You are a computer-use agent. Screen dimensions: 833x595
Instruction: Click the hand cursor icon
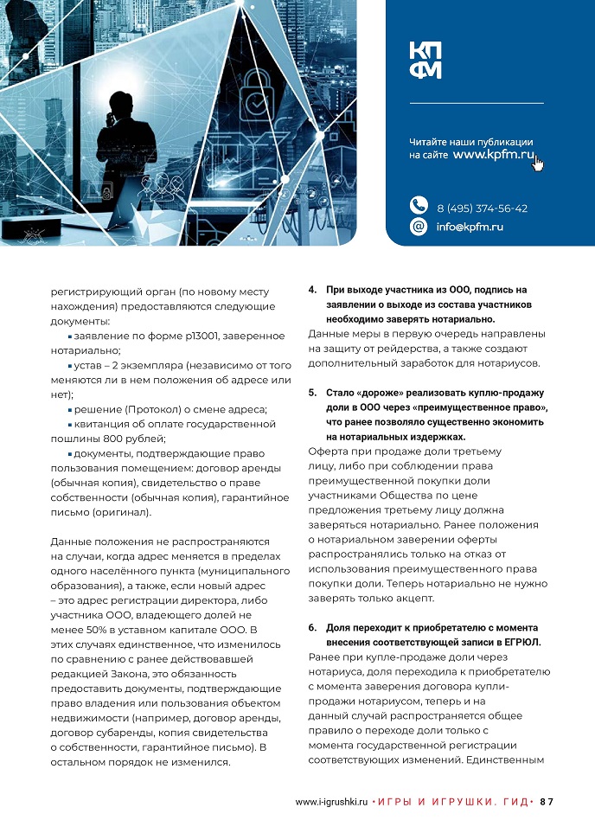pyautogui.click(x=538, y=162)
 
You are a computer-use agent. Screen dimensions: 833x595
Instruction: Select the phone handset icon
pyautogui.click(x=419, y=206)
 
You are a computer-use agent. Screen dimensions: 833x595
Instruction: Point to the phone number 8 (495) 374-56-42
pyautogui.click(x=482, y=208)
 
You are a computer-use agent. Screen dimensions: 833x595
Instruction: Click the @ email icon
pyautogui.click(x=419, y=227)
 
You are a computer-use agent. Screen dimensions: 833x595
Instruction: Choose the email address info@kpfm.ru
pyautogui.click(x=470, y=227)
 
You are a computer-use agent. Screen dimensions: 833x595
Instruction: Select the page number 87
pyautogui.click(x=546, y=802)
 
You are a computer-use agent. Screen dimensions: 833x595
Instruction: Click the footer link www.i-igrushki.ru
pyautogui.click(x=332, y=802)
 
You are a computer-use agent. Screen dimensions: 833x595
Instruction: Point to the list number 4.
pyautogui.click(x=312, y=290)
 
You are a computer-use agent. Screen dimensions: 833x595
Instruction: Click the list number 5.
pyautogui.click(x=312, y=393)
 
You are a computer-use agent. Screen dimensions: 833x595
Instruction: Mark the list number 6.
pyautogui.click(x=312, y=627)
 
